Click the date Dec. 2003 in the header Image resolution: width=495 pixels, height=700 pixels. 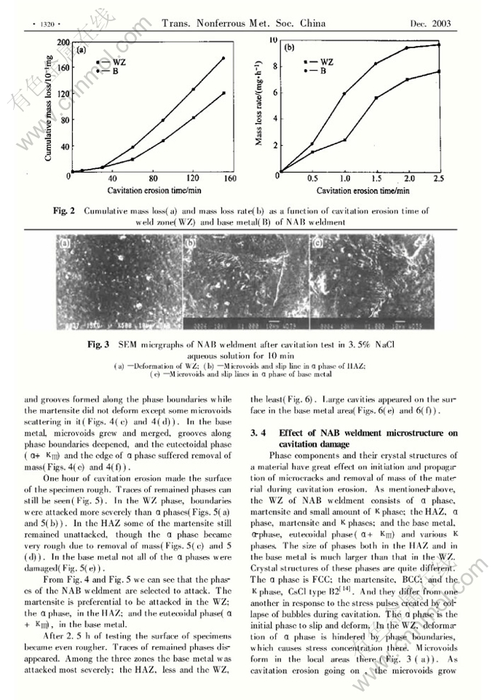click(x=431, y=24)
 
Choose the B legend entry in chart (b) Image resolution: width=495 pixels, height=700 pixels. click(x=324, y=71)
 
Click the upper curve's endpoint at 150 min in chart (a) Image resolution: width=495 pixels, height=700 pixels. click(x=224, y=58)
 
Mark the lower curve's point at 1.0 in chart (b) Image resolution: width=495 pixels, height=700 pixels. click(x=344, y=139)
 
